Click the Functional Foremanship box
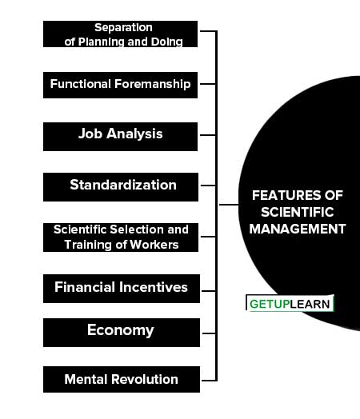tap(120, 85)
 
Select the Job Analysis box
tap(120, 137)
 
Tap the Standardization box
tap(121, 187)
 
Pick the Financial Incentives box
tap(122, 289)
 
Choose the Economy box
tap(122, 333)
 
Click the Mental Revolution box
tap(122, 380)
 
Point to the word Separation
tap(123, 27)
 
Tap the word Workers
tap(154, 245)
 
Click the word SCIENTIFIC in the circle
tap(298, 213)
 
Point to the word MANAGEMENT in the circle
tap(298, 229)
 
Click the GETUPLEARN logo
tap(290, 303)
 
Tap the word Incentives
tap(154, 287)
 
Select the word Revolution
tap(145, 379)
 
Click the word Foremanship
tap(153, 84)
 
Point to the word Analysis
tap(134, 134)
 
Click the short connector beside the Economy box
tap(210, 333)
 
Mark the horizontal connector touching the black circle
tap(229, 205)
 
